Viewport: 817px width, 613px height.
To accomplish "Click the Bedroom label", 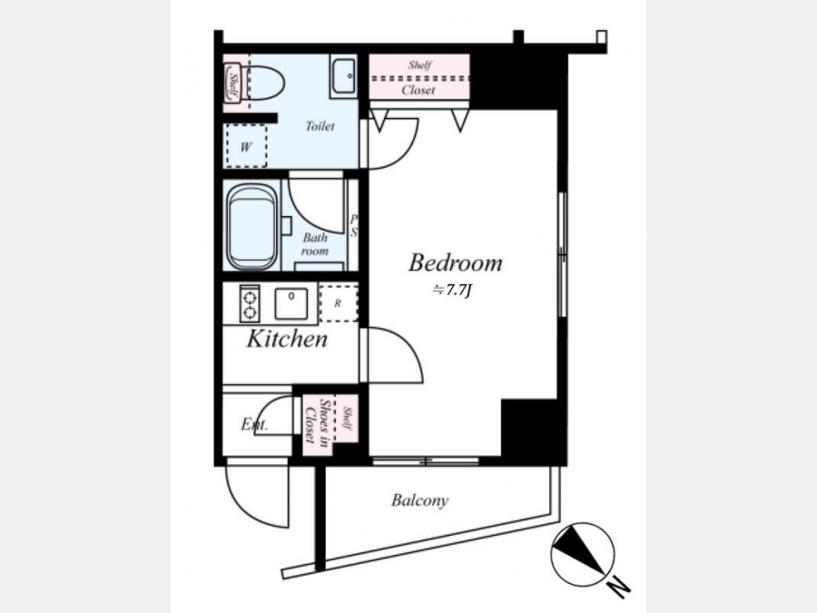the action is [x=456, y=262].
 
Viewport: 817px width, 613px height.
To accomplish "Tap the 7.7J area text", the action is [x=452, y=291].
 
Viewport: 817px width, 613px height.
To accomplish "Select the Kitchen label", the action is [x=287, y=339].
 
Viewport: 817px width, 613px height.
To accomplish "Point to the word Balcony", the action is [x=419, y=501].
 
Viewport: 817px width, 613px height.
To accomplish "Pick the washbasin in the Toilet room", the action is [x=343, y=75].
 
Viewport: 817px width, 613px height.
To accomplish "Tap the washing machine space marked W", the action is [x=246, y=146].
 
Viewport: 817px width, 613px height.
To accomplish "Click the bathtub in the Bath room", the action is [x=252, y=227].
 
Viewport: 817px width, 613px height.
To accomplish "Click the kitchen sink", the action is [x=290, y=302].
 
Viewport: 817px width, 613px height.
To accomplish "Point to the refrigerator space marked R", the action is [x=339, y=302].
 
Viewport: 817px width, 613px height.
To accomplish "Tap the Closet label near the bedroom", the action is [x=418, y=90].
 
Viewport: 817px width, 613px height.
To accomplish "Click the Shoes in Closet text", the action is [x=318, y=422].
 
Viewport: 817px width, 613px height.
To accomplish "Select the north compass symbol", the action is [x=583, y=554].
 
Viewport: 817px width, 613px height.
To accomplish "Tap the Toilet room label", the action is [x=320, y=126].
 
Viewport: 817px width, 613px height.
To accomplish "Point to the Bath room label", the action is [x=315, y=244].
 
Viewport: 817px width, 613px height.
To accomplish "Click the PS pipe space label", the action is [x=354, y=226].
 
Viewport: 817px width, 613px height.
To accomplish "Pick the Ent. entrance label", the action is [x=254, y=424].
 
